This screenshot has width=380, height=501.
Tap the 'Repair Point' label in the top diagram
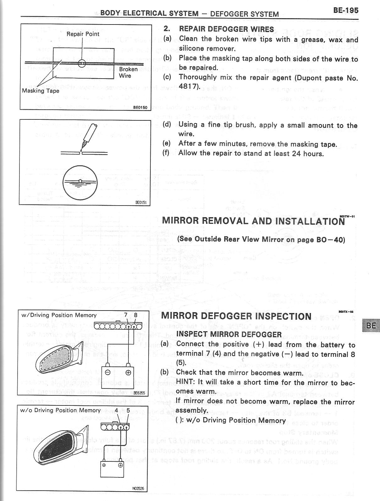point(83,34)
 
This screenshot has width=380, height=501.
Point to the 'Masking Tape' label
point(41,91)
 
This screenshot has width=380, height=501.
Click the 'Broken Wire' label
point(128,72)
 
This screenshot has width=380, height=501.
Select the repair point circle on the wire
point(82,63)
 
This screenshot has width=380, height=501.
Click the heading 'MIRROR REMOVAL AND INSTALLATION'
point(253,221)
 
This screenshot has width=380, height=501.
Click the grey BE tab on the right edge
point(371,326)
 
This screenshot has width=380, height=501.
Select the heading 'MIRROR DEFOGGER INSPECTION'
point(236,316)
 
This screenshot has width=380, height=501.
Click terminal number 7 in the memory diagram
point(126,315)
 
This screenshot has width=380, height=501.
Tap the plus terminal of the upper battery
point(128,373)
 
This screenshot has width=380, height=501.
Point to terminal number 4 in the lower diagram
point(117,410)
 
